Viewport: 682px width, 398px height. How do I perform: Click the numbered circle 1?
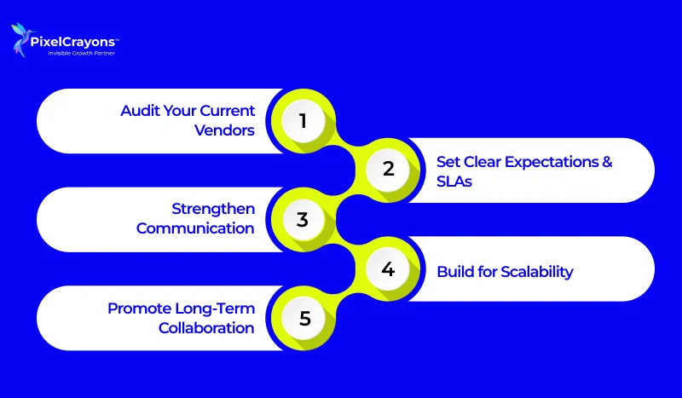tap(303, 121)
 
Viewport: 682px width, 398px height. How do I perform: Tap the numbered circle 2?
tap(388, 170)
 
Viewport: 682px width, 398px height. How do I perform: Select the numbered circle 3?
tap(303, 219)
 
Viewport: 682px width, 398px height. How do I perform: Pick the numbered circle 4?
tap(388, 269)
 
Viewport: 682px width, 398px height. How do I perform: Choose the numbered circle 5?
tap(303, 320)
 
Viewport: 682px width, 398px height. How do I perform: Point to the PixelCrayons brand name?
tap(74, 40)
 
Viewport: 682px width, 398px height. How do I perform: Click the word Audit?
tap(138, 111)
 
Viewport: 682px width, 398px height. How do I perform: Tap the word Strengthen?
tap(213, 210)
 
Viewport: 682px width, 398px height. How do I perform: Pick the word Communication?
tap(195, 228)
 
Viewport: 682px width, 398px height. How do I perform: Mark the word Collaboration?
tap(206, 327)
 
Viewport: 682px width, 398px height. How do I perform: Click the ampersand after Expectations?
tap(606, 162)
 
